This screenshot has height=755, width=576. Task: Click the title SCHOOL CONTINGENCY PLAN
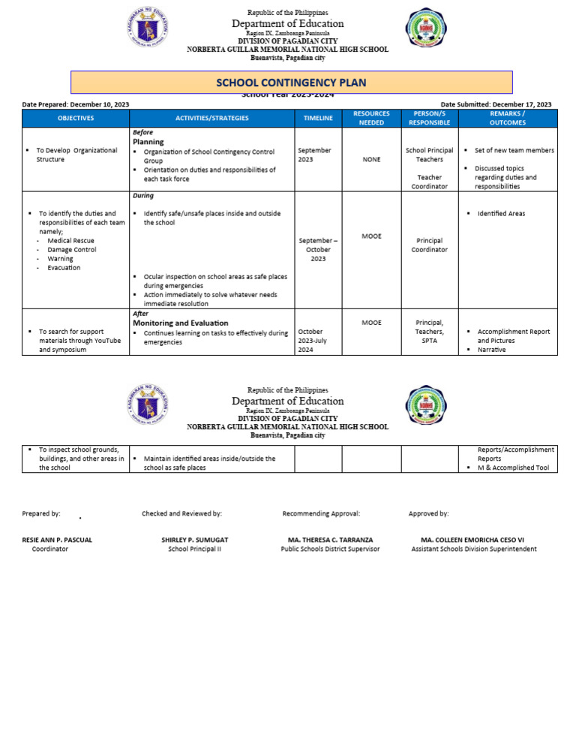click(291, 83)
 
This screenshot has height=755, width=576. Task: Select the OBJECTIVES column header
click(76, 118)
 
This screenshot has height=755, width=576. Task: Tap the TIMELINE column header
click(318, 118)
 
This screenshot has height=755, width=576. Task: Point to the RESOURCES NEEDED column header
click(371, 118)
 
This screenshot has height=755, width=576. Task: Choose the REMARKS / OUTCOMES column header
click(508, 118)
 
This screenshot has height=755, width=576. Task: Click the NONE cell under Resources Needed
click(371, 160)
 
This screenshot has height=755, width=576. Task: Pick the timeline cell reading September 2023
click(315, 155)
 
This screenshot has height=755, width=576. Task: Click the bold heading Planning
click(148, 141)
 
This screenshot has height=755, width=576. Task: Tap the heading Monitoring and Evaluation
click(180, 323)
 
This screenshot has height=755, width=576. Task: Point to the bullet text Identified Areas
click(501, 214)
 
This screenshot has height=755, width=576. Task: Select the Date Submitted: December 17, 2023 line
click(496, 104)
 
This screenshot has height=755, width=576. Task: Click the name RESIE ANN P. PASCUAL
click(57, 540)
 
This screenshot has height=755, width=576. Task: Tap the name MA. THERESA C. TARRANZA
click(330, 540)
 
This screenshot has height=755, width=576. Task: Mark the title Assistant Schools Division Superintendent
click(473, 549)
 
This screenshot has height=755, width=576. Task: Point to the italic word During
click(142, 196)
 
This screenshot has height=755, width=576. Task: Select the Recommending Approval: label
click(321, 513)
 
